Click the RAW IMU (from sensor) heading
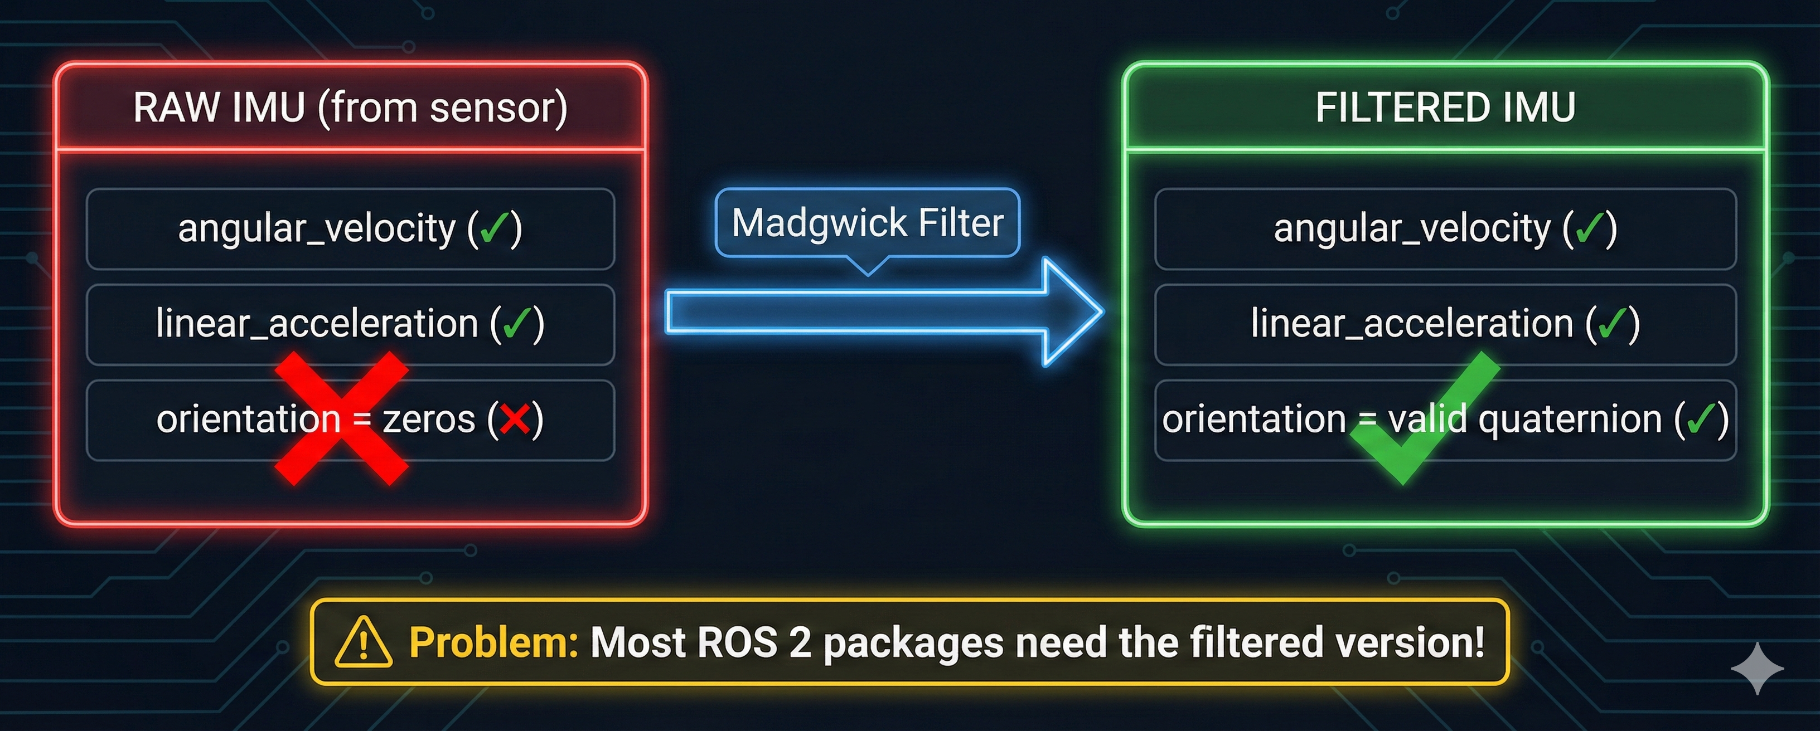coord(350,108)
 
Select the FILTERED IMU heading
coord(1445,108)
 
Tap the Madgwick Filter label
coord(868,223)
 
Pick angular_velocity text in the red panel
coord(317,229)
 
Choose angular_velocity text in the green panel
coord(1412,229)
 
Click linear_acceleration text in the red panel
coord(317,324)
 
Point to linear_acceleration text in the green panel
coord(1412,324)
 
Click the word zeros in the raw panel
coord(428,420)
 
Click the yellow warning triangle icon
coord(363,642)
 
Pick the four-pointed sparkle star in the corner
coord(1757,668)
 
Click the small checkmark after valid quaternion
coord(1701,420)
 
